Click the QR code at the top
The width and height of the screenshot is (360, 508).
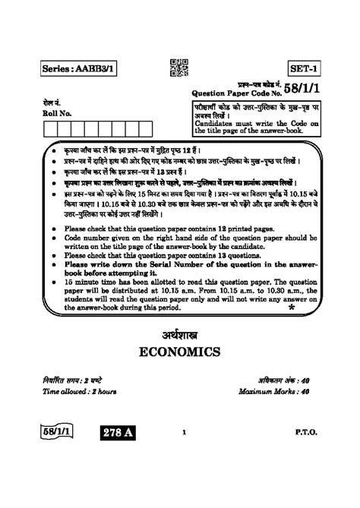coord(178,68)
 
